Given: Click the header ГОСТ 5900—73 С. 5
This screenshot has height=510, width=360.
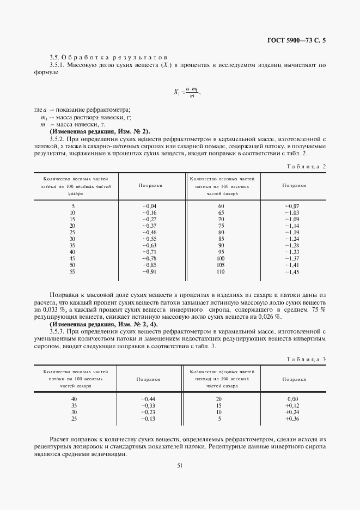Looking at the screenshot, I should click(301, 39).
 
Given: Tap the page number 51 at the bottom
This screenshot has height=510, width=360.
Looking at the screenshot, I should click(180, 465).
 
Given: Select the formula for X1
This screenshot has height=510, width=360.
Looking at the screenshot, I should click(186, 93).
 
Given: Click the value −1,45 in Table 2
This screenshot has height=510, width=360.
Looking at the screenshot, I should click(292, 271).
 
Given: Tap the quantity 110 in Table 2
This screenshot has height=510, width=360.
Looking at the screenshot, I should click(221, 271).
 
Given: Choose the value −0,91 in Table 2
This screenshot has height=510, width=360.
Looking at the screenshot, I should click(149, 271).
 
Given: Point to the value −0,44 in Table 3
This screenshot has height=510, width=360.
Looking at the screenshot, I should click(149, 399).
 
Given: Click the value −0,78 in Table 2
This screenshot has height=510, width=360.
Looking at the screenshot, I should click(149, 258).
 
